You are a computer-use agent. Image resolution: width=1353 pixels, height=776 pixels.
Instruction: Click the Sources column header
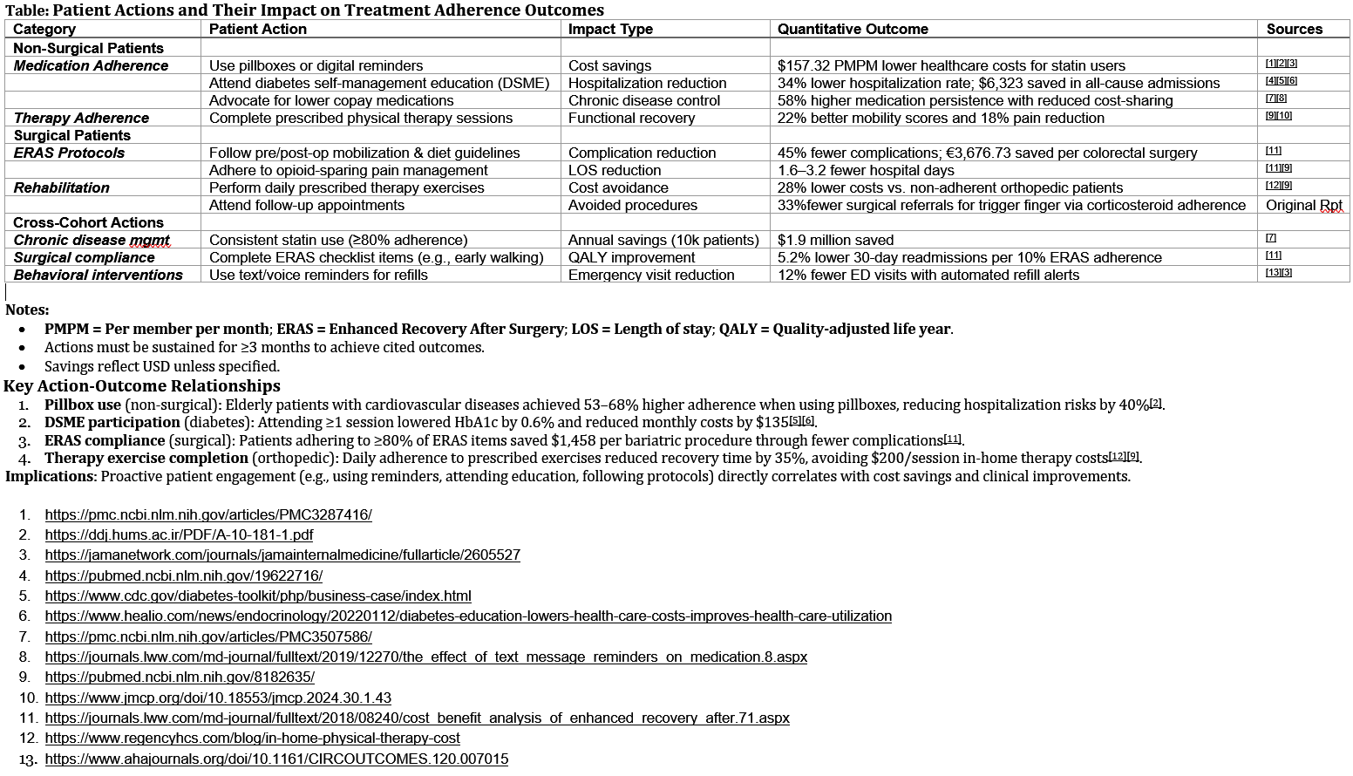tap(1294, 29)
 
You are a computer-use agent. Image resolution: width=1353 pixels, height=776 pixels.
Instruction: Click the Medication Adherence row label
tap(91, 65)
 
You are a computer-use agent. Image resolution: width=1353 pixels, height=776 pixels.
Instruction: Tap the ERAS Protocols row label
tap(69, 153)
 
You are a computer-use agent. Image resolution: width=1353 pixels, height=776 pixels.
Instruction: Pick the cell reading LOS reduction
tap(615, 170)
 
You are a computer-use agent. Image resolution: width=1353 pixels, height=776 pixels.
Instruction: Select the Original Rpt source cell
tap(1303, 205)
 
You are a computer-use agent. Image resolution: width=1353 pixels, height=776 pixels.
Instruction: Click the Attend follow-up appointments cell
tap(307, 205)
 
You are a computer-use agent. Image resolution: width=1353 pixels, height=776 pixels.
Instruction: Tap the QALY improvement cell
tap(631, 257)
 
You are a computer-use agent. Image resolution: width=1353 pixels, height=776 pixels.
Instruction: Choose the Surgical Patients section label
tap(71, 135)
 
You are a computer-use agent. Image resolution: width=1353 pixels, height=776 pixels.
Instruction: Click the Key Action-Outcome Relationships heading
tap(142, 386)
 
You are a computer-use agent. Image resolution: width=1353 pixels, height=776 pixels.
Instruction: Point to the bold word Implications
tap(51, 476)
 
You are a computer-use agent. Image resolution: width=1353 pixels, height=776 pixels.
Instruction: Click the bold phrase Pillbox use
tap(83, 405)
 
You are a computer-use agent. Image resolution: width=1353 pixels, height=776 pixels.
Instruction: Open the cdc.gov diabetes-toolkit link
tap(258, 596)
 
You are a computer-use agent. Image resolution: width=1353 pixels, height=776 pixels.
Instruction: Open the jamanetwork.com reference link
tap(282, 555)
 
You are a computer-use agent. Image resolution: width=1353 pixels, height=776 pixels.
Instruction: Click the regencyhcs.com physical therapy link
tap(252, 738)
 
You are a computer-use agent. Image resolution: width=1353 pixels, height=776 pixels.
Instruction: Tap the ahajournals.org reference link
tap(276, 759)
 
